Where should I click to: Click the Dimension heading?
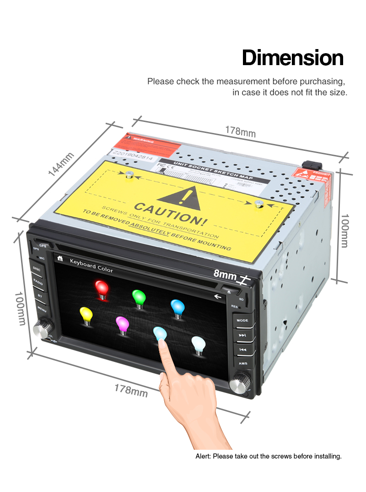click(x=292, y=58)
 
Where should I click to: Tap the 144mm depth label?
click(x=61, y=164)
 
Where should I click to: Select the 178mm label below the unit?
click(x=131, y=390)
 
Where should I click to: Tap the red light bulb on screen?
click(x=102, y=289)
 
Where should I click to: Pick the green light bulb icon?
click(x=139, y=298)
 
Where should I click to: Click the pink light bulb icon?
click(x=122, y=324)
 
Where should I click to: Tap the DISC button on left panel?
click(x=37, y=270)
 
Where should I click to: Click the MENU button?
click(x=42, y=310)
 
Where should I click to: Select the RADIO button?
click(x=38, y=282)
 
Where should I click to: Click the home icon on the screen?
click(x=59, y=259)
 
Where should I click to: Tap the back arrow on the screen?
click(x=217, y=297)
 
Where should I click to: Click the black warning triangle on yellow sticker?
click(x=182, y=197)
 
